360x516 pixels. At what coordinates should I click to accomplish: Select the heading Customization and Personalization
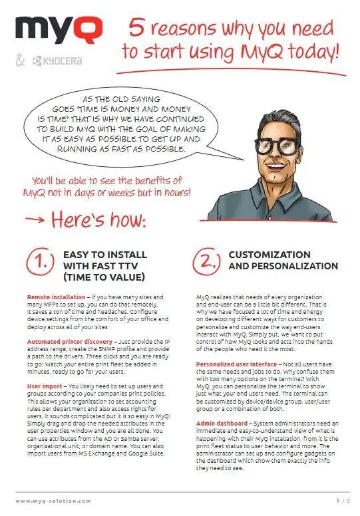click(283, 260)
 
